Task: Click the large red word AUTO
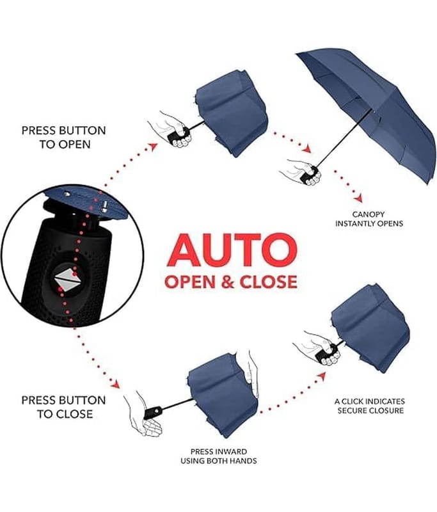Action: pos(232,250)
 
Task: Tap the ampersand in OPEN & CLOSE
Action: pos(228,282)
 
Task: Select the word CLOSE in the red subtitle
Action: pos(268,282)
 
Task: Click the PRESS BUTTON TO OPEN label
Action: pos(64,137)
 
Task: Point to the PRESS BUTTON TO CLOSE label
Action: pos(64,407)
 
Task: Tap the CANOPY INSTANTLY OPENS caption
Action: pos(369,219)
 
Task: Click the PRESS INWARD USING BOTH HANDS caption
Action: pos(219,456)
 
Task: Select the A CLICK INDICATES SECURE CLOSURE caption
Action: pos(370,406)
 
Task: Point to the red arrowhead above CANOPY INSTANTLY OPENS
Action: pos(359,198)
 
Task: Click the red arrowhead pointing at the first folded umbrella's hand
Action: pos(153,147)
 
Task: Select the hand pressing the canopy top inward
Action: pos(251,372)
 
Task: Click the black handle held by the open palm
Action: pos(153,413)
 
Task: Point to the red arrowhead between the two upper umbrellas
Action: pos(306,150)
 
